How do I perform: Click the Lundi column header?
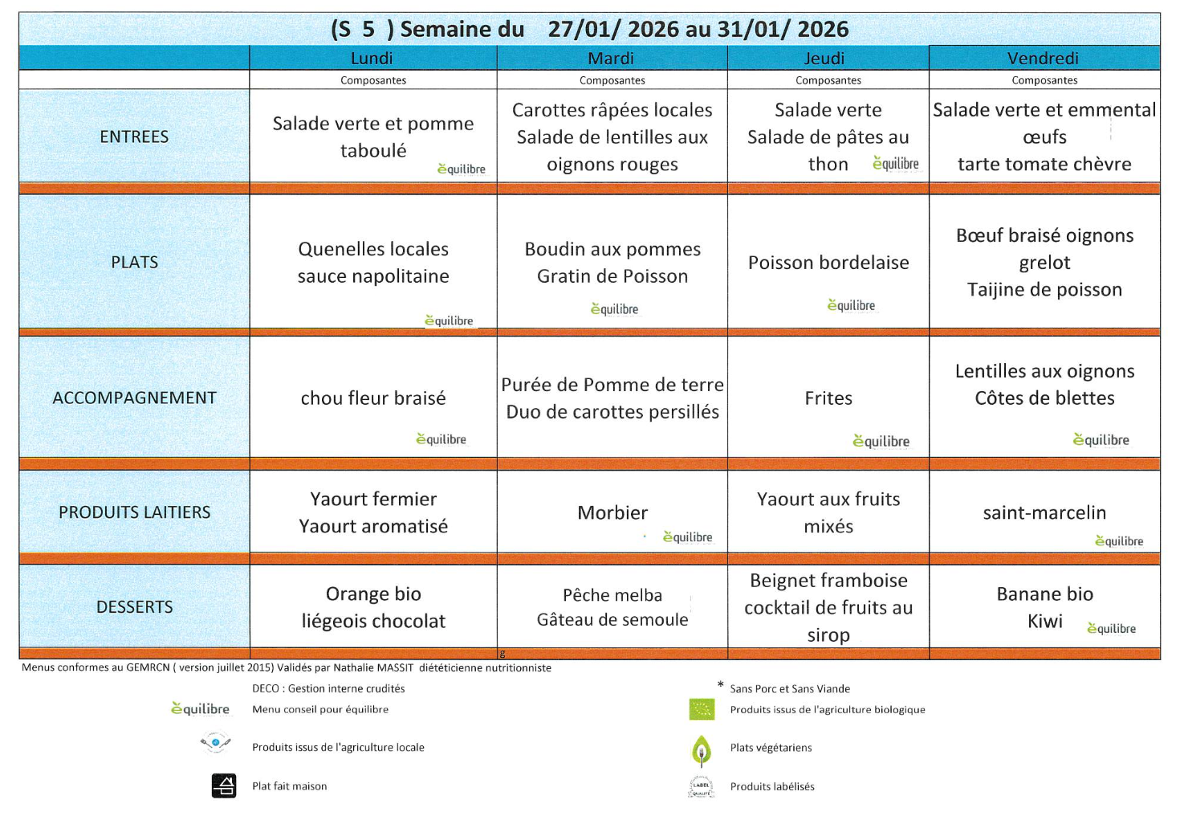click(372, 58)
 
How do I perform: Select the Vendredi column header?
click(1043, 58)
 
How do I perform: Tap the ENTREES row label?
click(134, 137)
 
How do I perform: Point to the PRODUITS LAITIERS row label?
click(134, 512)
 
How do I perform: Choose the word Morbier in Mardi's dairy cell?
click(612, 512)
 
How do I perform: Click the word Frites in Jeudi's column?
click(828, 398)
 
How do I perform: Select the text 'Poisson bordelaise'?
click(828, 263)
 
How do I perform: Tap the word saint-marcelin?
click(1044, 512)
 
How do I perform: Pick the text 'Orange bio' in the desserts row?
click(373, 594)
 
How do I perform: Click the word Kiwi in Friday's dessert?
click(1044, 621)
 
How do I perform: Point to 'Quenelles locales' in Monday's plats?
click(373, 249)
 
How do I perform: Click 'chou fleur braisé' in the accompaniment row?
click(373, 398)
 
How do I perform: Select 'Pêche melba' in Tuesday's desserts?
click(612, 595)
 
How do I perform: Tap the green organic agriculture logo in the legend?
click(702, 709)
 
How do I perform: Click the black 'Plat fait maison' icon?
click(224, 785)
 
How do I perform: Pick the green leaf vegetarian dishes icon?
click(702, 750)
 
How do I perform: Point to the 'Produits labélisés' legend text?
click(772, 786)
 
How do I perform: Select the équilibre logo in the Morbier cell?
click(688, 537)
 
